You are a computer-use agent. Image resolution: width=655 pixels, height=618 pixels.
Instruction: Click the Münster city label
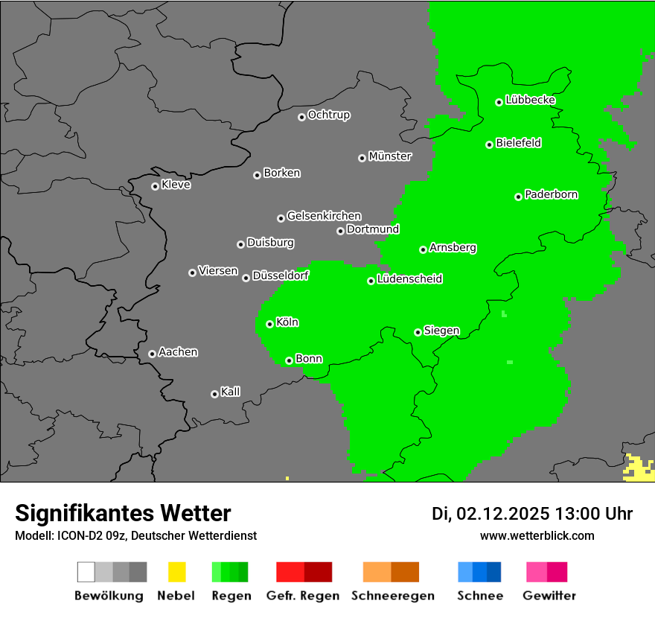click(390, 156)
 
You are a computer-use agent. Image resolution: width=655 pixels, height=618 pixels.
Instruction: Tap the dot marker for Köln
click(269, 324)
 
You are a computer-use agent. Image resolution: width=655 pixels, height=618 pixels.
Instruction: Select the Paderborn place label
click(551, 194)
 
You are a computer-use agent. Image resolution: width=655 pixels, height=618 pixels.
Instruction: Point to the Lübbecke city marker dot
click(499, 102)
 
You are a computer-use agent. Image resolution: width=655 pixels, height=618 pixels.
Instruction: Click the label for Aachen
click(178, 351)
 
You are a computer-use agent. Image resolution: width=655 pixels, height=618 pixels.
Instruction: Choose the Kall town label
click(230, 392)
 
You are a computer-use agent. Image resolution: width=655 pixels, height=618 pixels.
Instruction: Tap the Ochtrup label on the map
click(329, 115)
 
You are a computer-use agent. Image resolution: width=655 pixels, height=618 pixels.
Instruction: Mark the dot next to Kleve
click(155, 186)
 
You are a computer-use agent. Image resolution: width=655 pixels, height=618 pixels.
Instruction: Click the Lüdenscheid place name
click(409, 279)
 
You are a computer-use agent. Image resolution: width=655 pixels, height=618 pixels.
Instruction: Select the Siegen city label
click(441, 331)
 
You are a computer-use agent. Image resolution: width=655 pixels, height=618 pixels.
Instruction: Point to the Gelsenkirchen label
click(324, 216)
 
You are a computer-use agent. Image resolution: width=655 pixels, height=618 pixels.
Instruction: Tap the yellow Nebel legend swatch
click(176, 572)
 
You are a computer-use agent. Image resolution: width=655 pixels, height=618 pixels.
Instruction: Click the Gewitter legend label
click(549, 596)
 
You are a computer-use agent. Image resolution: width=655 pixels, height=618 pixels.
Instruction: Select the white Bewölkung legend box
click(86, 572)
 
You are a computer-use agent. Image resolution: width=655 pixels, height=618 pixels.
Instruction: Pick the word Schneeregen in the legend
click(392, 596)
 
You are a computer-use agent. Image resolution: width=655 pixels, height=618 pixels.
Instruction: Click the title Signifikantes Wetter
click(123, 513)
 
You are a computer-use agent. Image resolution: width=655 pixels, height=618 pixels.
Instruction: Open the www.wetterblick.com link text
click(537, 535)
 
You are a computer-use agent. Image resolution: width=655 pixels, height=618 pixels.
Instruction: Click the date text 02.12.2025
click(502, 514)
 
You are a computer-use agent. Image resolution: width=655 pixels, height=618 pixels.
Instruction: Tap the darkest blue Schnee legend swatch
click(494, 572)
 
